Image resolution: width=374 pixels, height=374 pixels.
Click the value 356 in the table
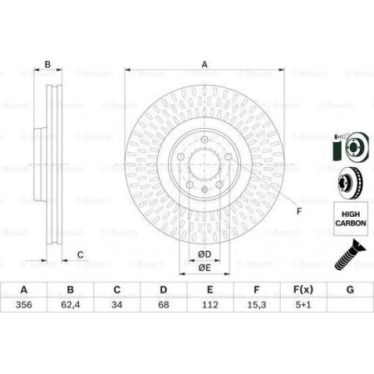(24, 305)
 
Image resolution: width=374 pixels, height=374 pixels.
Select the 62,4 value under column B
(71, 305)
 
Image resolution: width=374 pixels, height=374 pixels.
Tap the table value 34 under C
(117, 305)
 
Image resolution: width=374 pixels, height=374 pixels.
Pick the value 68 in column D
(164, 305)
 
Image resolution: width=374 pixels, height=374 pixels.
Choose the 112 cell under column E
(210, 305)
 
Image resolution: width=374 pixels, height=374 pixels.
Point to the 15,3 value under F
(257, 305)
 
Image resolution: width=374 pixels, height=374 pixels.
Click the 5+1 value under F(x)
(303, 305)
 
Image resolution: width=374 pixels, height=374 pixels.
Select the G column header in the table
(350, 290)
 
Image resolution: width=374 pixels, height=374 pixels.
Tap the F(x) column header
(303, 290)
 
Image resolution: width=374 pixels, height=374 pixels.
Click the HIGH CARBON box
(351, 219)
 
